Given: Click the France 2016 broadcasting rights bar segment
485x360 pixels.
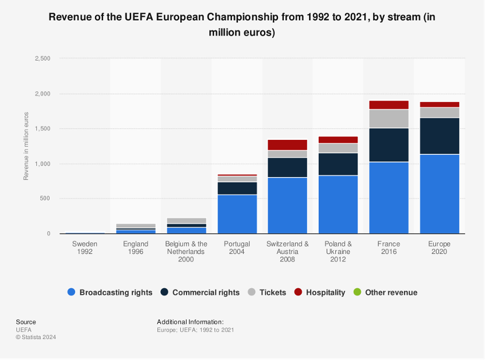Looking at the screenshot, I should coord(389,197).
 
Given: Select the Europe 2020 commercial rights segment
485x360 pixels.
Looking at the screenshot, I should coord(440,136).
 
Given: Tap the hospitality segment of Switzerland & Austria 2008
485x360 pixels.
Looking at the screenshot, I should coord(287,144).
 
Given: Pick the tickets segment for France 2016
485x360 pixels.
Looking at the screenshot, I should coord(389,118).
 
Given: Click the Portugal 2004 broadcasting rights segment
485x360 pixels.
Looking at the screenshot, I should coord(237,214).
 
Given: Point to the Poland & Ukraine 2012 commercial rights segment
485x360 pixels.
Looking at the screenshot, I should coord(338,164).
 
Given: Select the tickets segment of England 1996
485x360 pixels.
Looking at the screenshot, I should coord(136,225).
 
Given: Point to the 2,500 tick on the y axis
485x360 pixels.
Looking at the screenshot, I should coord(43,59).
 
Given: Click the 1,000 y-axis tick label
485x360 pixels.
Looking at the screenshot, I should coord(43,164).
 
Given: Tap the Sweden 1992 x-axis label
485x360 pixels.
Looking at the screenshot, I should coord(85,248).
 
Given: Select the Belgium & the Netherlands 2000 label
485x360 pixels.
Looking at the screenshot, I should coord(187,252).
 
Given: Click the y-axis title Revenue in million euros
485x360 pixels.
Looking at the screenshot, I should coord(26,146).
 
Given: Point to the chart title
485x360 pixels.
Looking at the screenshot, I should coord(242,24).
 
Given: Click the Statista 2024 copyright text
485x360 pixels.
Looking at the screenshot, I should coord(36,337).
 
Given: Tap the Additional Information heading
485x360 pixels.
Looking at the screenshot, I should coord(190,322).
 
